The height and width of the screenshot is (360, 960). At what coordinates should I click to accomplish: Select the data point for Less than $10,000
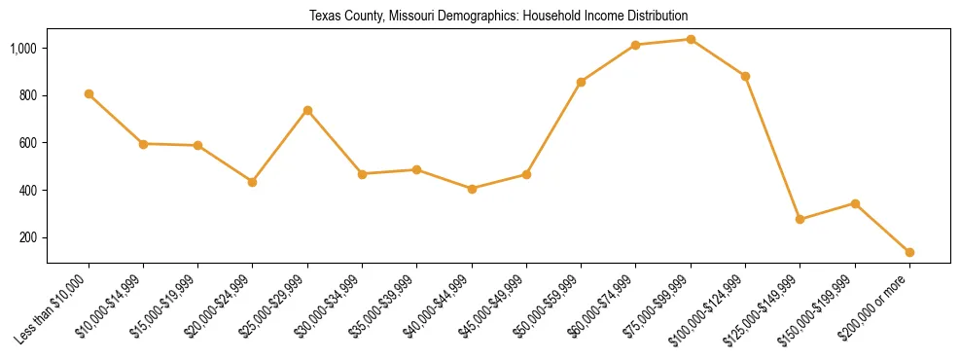[89, 94]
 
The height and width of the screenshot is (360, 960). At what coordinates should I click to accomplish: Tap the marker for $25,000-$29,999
[307, 110]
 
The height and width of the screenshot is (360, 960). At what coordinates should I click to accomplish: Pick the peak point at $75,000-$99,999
[691, 40]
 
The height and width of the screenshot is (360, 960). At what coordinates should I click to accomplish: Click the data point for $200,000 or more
[909, 252]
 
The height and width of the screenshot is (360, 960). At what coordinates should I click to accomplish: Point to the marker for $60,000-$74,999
[636, 45]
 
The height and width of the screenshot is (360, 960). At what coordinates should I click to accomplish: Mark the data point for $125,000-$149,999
[800, 220]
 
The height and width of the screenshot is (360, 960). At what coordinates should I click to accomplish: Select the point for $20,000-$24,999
[253, 182]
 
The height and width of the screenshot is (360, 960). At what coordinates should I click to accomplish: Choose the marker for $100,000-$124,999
[745, 76]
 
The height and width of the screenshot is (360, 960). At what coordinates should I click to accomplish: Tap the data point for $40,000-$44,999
[472, 189]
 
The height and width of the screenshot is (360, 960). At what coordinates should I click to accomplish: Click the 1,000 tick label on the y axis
[24, 49]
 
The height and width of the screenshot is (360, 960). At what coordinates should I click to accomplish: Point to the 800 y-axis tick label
[29, 95]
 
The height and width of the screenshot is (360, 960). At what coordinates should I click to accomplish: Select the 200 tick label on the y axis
[29, 238]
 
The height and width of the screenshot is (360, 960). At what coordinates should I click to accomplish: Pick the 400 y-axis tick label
[29, 191]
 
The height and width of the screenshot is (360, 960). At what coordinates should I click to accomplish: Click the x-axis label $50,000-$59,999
[551, 306]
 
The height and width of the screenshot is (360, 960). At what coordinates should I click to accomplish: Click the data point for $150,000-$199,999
[855, 203]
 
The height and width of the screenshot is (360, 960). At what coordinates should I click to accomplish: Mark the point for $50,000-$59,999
[581, 82]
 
